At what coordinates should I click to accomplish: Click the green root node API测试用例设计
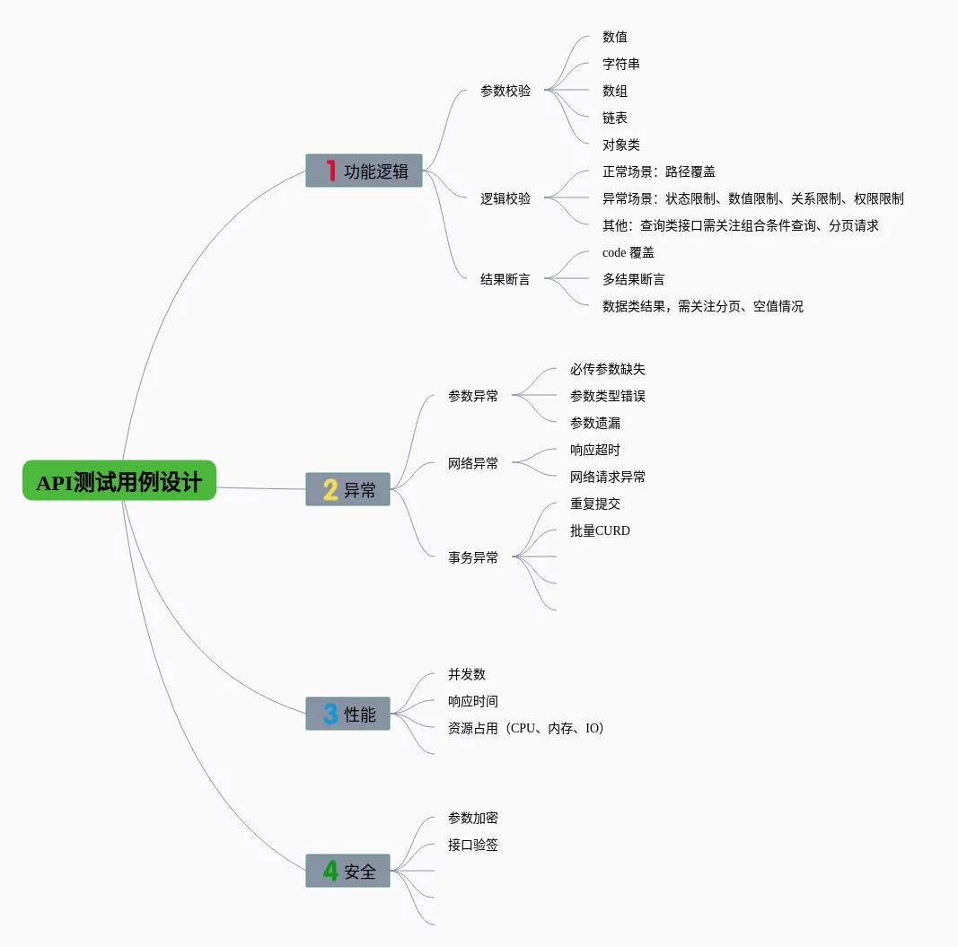point(119,481)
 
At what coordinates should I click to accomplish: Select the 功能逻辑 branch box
point(364,171)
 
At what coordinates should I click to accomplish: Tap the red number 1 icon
point(330,171)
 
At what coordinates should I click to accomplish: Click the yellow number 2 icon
point(330,489)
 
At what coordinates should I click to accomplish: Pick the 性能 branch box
point(347,714)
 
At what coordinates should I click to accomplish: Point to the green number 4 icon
point(330,871)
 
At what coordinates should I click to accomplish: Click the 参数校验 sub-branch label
point(505,91)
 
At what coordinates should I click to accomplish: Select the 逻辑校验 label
point(505,198)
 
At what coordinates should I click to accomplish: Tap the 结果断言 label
point(505,279)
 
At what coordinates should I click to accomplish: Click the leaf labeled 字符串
point(621,64)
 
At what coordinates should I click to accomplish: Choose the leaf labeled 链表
point(615,118)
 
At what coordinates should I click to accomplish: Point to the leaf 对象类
point(621,145)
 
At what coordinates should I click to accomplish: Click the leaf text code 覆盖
point(628,252)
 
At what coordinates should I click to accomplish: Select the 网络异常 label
point(473,463)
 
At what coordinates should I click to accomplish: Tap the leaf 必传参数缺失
point(608,369)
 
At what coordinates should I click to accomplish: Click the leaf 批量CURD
point(600,530)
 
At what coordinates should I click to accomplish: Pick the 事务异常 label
point(473,557)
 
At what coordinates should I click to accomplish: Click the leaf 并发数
point(467,674)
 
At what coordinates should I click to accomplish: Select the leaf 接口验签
point(473,845)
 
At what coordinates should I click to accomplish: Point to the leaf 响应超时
point(595,450)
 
